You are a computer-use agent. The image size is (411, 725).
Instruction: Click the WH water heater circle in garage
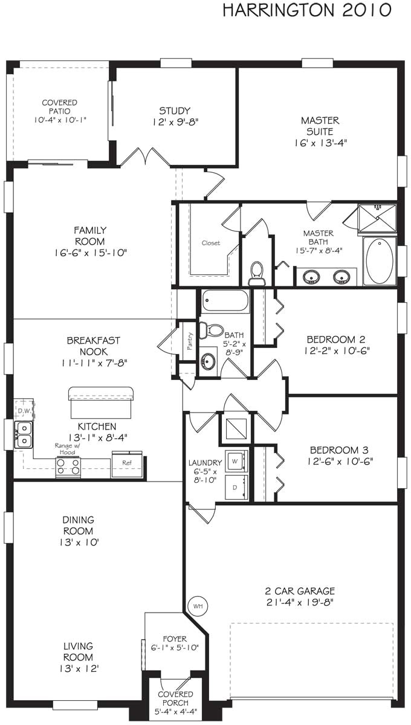tap(198, 605)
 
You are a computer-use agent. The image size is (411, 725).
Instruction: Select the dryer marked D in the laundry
tap(236, 487)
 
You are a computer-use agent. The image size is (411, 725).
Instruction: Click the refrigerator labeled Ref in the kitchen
tap(127, 464)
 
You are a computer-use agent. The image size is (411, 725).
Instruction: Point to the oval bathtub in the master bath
tap(380, 260)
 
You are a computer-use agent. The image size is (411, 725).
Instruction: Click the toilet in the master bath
tap(257, 272)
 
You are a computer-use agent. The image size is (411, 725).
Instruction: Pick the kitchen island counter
tap(100, 403)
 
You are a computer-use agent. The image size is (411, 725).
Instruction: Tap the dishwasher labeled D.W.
tap(24, 410)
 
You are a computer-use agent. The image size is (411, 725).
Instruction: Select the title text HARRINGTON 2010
tap(306, 10)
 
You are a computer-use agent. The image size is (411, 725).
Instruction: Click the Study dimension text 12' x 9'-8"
tap(175, 122)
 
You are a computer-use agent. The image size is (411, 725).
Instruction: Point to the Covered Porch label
tap(175, 699)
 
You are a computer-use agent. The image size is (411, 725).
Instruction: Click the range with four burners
tap(68, 466)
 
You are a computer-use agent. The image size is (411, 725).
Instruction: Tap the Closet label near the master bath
tap(211, 243)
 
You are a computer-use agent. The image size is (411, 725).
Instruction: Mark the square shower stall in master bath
tap(377, 218)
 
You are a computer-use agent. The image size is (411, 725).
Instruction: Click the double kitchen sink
tap(24, 434)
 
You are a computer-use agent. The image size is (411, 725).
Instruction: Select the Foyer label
tap(175, 639)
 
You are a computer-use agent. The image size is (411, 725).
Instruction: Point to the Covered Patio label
tap(59, 112)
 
